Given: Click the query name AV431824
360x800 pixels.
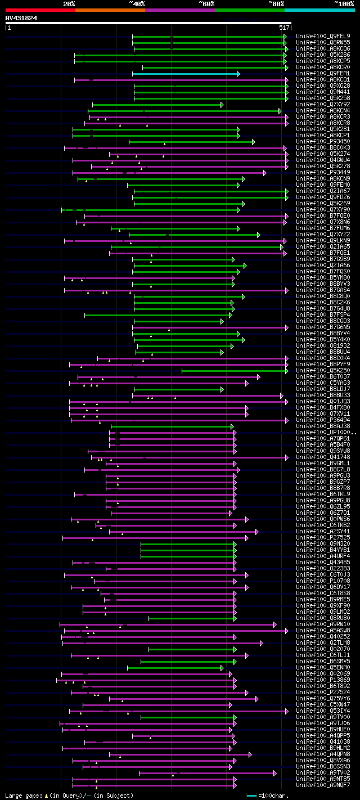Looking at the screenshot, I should pos(21,18).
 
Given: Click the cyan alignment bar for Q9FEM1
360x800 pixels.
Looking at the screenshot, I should pos(186,74).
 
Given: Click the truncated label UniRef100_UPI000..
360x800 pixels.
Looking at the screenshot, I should pos(325,433).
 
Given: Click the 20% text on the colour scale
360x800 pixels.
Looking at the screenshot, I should pos(69,4).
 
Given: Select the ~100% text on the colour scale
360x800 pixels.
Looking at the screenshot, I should pos(344,4).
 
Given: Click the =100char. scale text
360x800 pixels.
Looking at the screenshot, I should pos(272,796).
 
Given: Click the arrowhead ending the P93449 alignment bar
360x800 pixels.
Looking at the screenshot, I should pos(264,173).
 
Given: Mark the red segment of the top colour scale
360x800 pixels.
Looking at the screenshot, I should pos(40,10).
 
